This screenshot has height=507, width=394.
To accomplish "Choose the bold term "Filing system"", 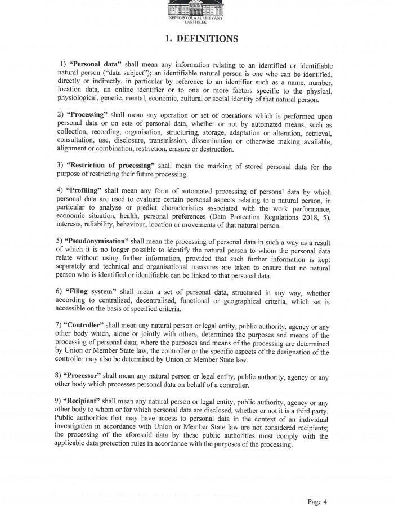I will [x=90, y=291].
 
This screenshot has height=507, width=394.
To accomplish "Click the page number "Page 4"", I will [x=317, y=486].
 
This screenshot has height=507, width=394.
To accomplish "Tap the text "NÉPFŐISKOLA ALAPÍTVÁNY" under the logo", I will [x=196, y=19].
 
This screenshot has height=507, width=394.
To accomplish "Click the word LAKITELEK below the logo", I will [x=196, y=23].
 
